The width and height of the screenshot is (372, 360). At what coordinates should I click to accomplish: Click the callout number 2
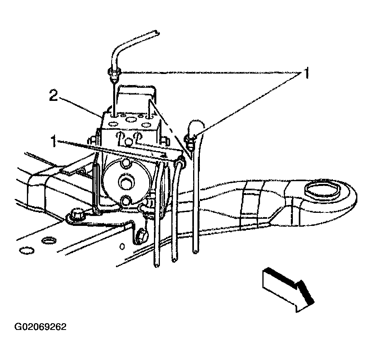(53, 95)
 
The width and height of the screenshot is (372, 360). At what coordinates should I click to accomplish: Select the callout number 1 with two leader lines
(307, 73)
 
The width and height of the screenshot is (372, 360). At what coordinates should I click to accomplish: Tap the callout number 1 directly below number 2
(54, 141)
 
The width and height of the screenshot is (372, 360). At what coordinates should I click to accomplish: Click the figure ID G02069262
(41, 327)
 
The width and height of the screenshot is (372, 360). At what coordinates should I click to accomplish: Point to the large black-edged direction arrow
(288, 289)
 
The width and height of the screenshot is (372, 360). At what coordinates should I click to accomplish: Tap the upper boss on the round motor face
(125, 163)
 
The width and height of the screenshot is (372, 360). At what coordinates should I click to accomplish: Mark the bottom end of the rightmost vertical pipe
(195, 252)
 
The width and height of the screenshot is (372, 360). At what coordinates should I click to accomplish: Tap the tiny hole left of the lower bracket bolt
(122, 246)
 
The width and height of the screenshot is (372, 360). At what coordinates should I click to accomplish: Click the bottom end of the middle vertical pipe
(175, 260)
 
